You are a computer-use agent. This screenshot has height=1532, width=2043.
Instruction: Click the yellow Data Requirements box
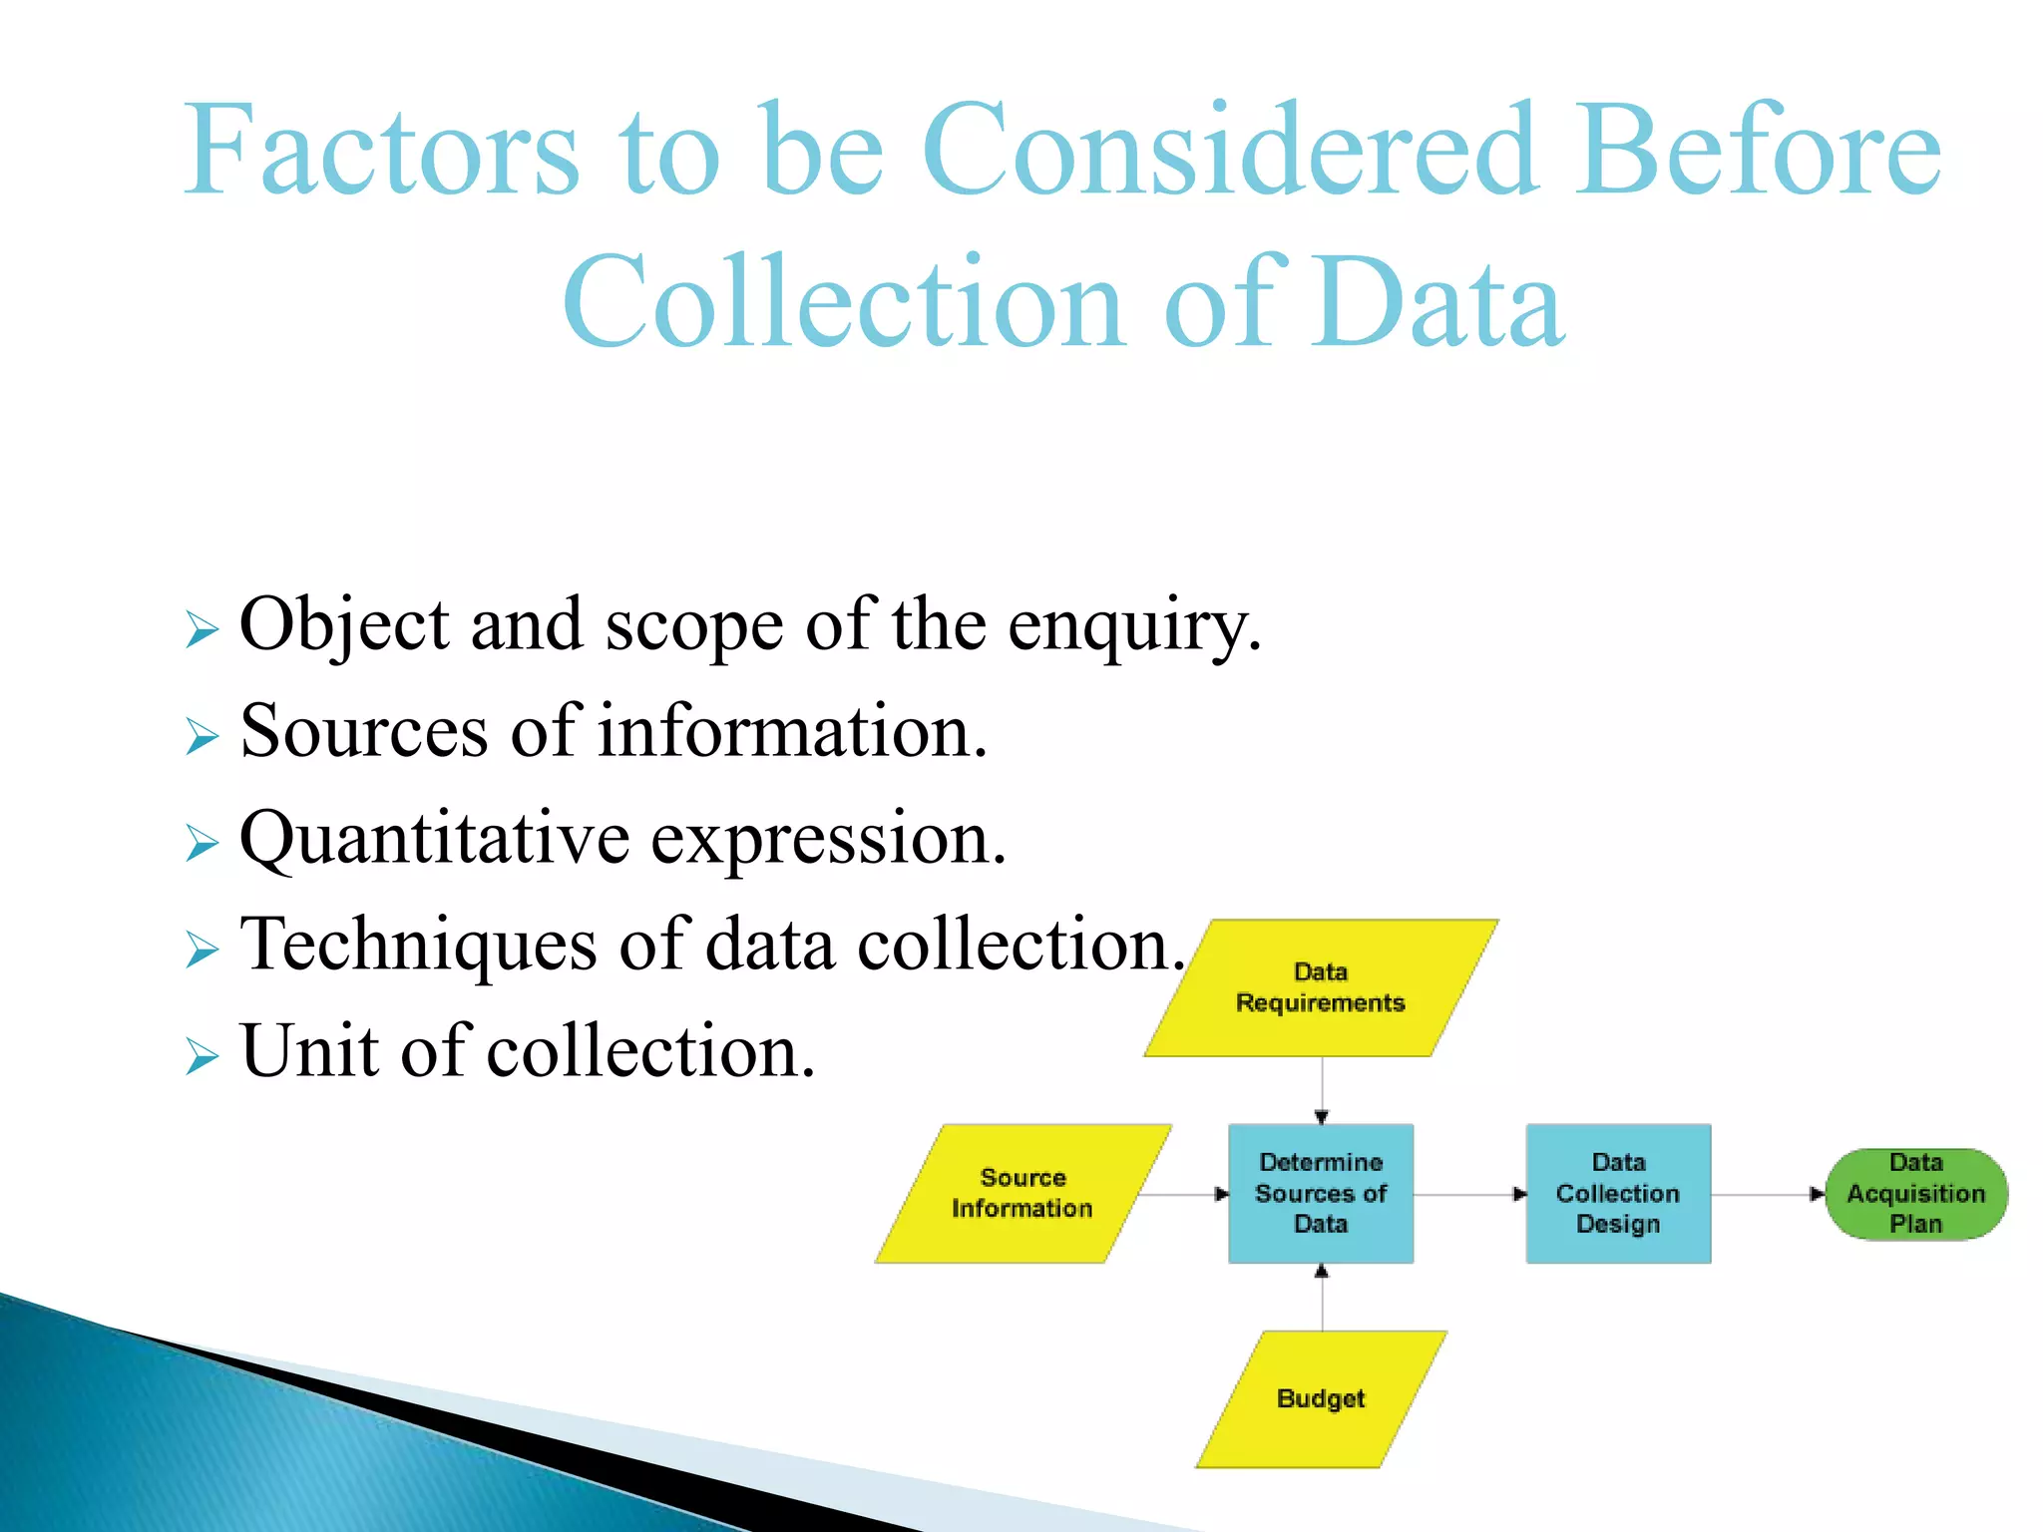pos(1320,987)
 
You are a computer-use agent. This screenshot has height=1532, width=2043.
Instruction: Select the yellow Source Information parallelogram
pos(1022,1193)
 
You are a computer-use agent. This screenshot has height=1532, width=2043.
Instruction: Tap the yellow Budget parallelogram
pos(1320,1398)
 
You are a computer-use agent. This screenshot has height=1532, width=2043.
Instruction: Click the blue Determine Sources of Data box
pos(1320,1193)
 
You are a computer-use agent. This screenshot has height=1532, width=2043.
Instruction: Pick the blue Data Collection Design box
pos(1617,1193)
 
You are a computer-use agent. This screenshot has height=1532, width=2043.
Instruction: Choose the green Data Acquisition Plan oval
pos(1915,1193)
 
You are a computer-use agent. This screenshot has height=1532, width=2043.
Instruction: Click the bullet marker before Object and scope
pos(202,629)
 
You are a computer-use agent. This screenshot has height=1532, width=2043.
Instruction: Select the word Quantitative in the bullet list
pos(435,840)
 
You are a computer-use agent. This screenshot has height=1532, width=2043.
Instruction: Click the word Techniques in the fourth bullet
pos(419,946)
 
